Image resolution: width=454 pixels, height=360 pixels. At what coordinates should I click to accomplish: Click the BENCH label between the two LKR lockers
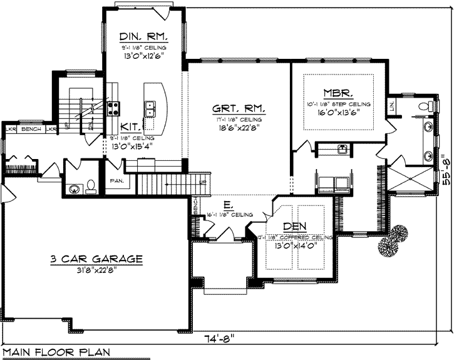tap(31, 129)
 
